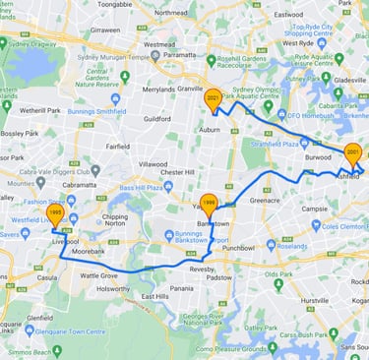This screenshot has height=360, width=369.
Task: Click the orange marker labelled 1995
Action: click(55, 213)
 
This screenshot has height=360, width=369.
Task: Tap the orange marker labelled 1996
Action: click(208, 204)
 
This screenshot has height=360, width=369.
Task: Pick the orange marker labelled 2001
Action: click(352, 153)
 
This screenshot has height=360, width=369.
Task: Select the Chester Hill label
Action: click(177, 172)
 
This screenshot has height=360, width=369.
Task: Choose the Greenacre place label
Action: click(266, 200)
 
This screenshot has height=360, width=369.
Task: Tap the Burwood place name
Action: click(319, 156)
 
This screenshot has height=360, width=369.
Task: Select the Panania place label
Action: click(181, 288)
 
